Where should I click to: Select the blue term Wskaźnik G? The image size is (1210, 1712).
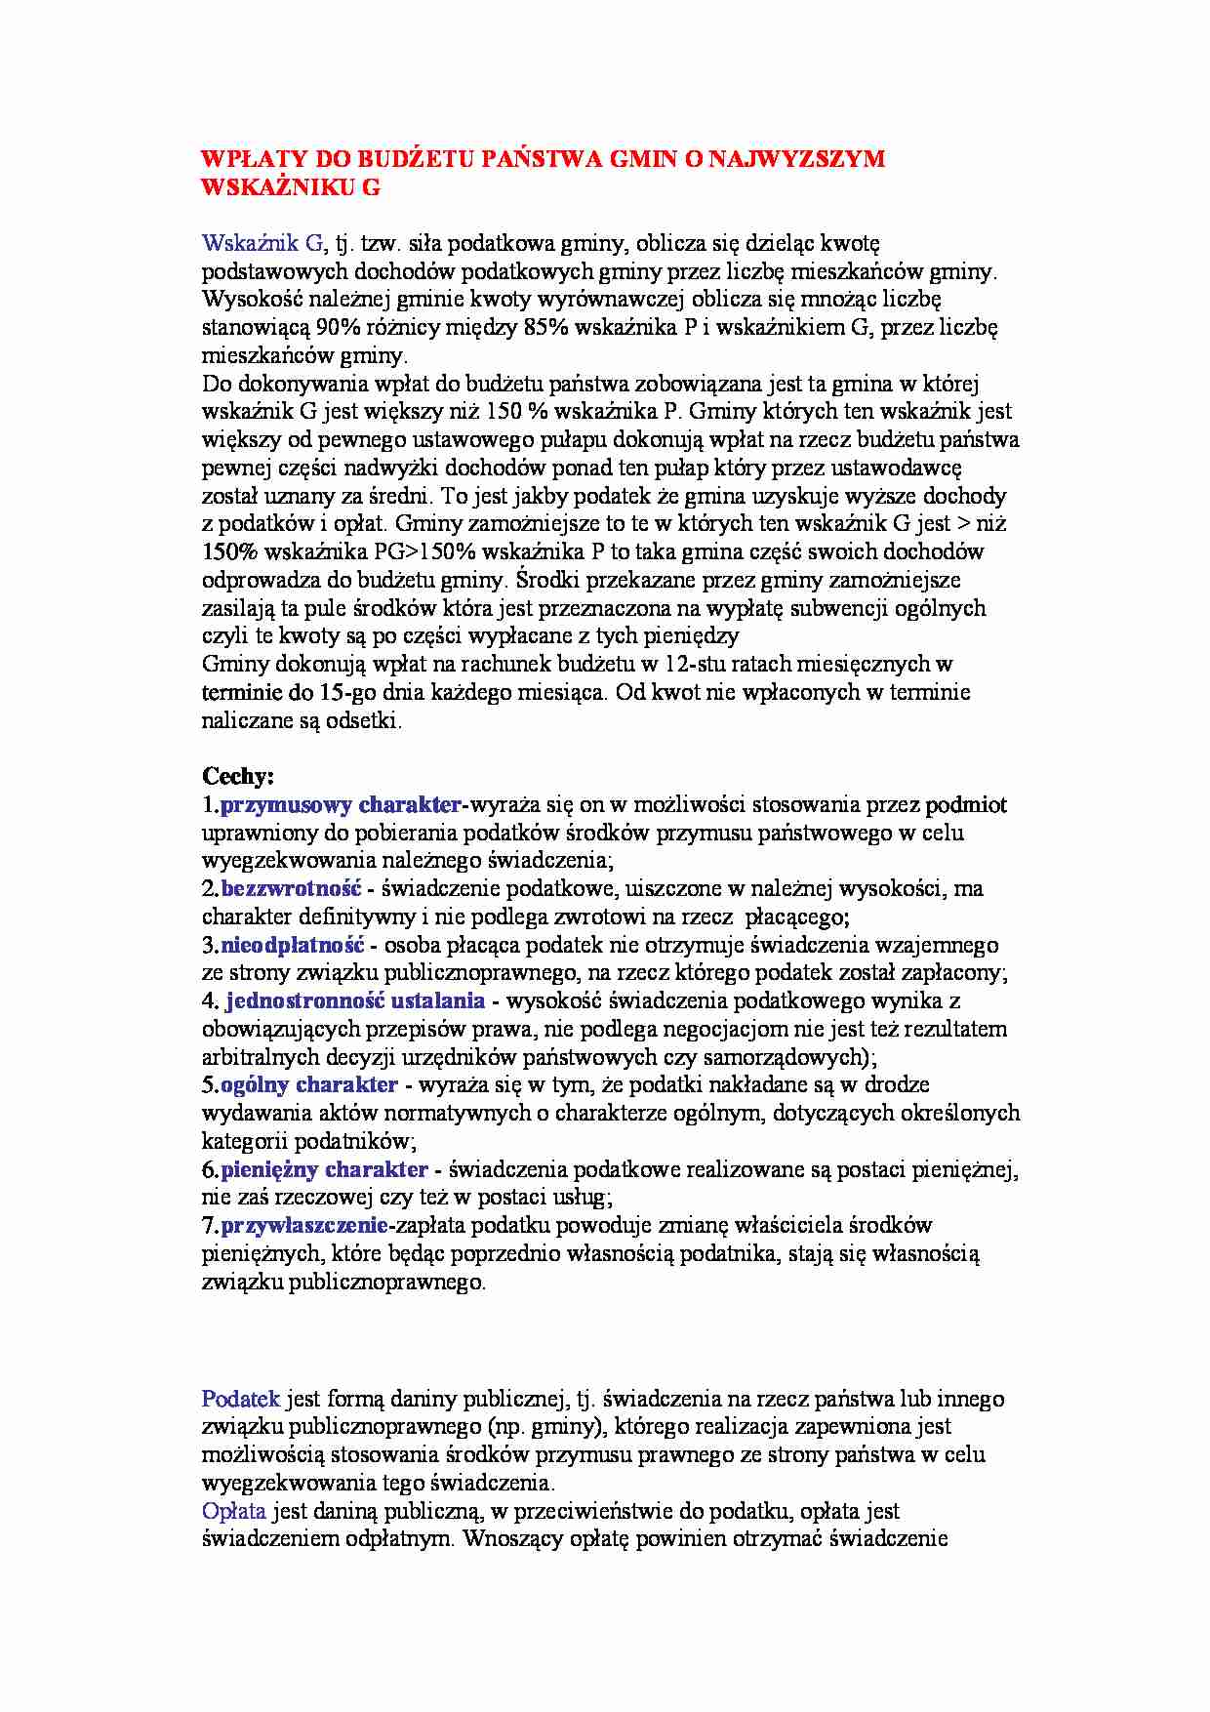262,243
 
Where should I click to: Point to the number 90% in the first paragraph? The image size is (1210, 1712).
337,327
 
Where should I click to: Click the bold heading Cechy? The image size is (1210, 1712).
238,777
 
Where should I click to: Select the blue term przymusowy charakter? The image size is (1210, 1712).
341,805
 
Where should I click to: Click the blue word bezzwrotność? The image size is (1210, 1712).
291,889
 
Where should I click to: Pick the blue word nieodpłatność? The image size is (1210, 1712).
292,945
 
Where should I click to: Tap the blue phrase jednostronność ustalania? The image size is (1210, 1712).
355,1000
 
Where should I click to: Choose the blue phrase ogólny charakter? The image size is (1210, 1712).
309,1084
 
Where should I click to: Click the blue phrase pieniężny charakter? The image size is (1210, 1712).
324,1169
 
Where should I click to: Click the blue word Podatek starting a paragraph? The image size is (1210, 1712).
240,1399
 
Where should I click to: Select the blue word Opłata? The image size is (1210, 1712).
234,1511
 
